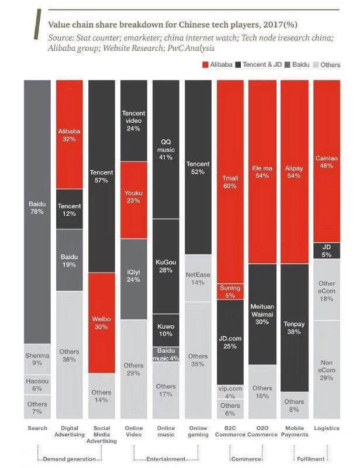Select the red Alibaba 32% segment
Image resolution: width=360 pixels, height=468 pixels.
pyautogui.click(x=69, y=135)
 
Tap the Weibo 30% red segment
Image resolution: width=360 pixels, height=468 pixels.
pyautogui.click(x=101, y=322)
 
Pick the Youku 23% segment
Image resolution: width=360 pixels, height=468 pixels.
pyautogui.click(x=133, y=199)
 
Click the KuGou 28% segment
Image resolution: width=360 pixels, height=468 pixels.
pyautogui.click(x=165, y=266)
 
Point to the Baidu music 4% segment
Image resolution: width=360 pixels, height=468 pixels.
pyautogui.click(x=165, y=354)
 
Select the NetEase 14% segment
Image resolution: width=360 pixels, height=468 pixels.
pyautogui.click(x=198, y=278)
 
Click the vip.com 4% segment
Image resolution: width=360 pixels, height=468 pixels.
pyautogui.click(x=230, y=391)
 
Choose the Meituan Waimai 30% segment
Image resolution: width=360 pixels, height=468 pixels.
pyautogui.click(x=262, y=314)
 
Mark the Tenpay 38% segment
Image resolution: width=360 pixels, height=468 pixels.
pyautogui.click(x=294, y=328)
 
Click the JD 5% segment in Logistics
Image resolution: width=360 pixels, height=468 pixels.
pyautogui.click(x=326, y=250)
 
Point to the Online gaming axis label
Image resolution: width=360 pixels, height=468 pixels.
pyautogui.click(x=198, y=431)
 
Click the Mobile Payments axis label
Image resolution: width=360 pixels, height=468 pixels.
pyautogui.click(x=294, y=431)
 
